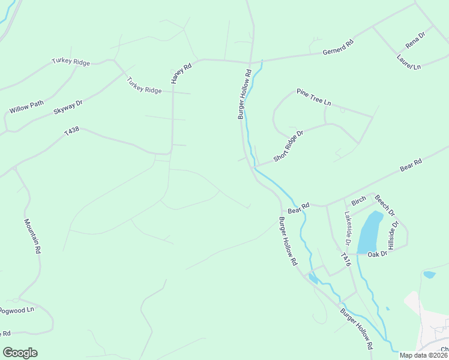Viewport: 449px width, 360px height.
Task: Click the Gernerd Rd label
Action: pos(339,47)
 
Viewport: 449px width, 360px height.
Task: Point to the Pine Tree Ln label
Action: pos(313,97)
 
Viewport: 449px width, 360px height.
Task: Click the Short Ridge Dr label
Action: pos(289,146)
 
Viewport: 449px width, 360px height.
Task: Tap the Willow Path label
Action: pos(26,107)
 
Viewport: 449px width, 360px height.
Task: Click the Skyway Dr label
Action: pos(68,107)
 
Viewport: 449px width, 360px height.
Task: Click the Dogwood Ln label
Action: pos(17,310)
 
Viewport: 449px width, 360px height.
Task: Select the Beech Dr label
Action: pos(385,205)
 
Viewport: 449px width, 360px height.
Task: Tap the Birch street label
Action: pos(359,202)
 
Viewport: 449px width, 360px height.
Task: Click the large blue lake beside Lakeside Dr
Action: pos(369,233)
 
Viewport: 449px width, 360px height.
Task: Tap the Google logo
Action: pos(20,353)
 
